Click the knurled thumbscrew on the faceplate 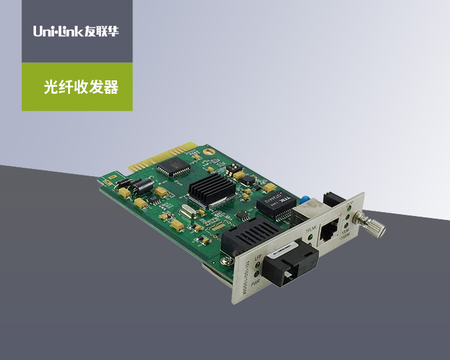tap(373, 228)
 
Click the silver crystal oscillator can tap(188, 211)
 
